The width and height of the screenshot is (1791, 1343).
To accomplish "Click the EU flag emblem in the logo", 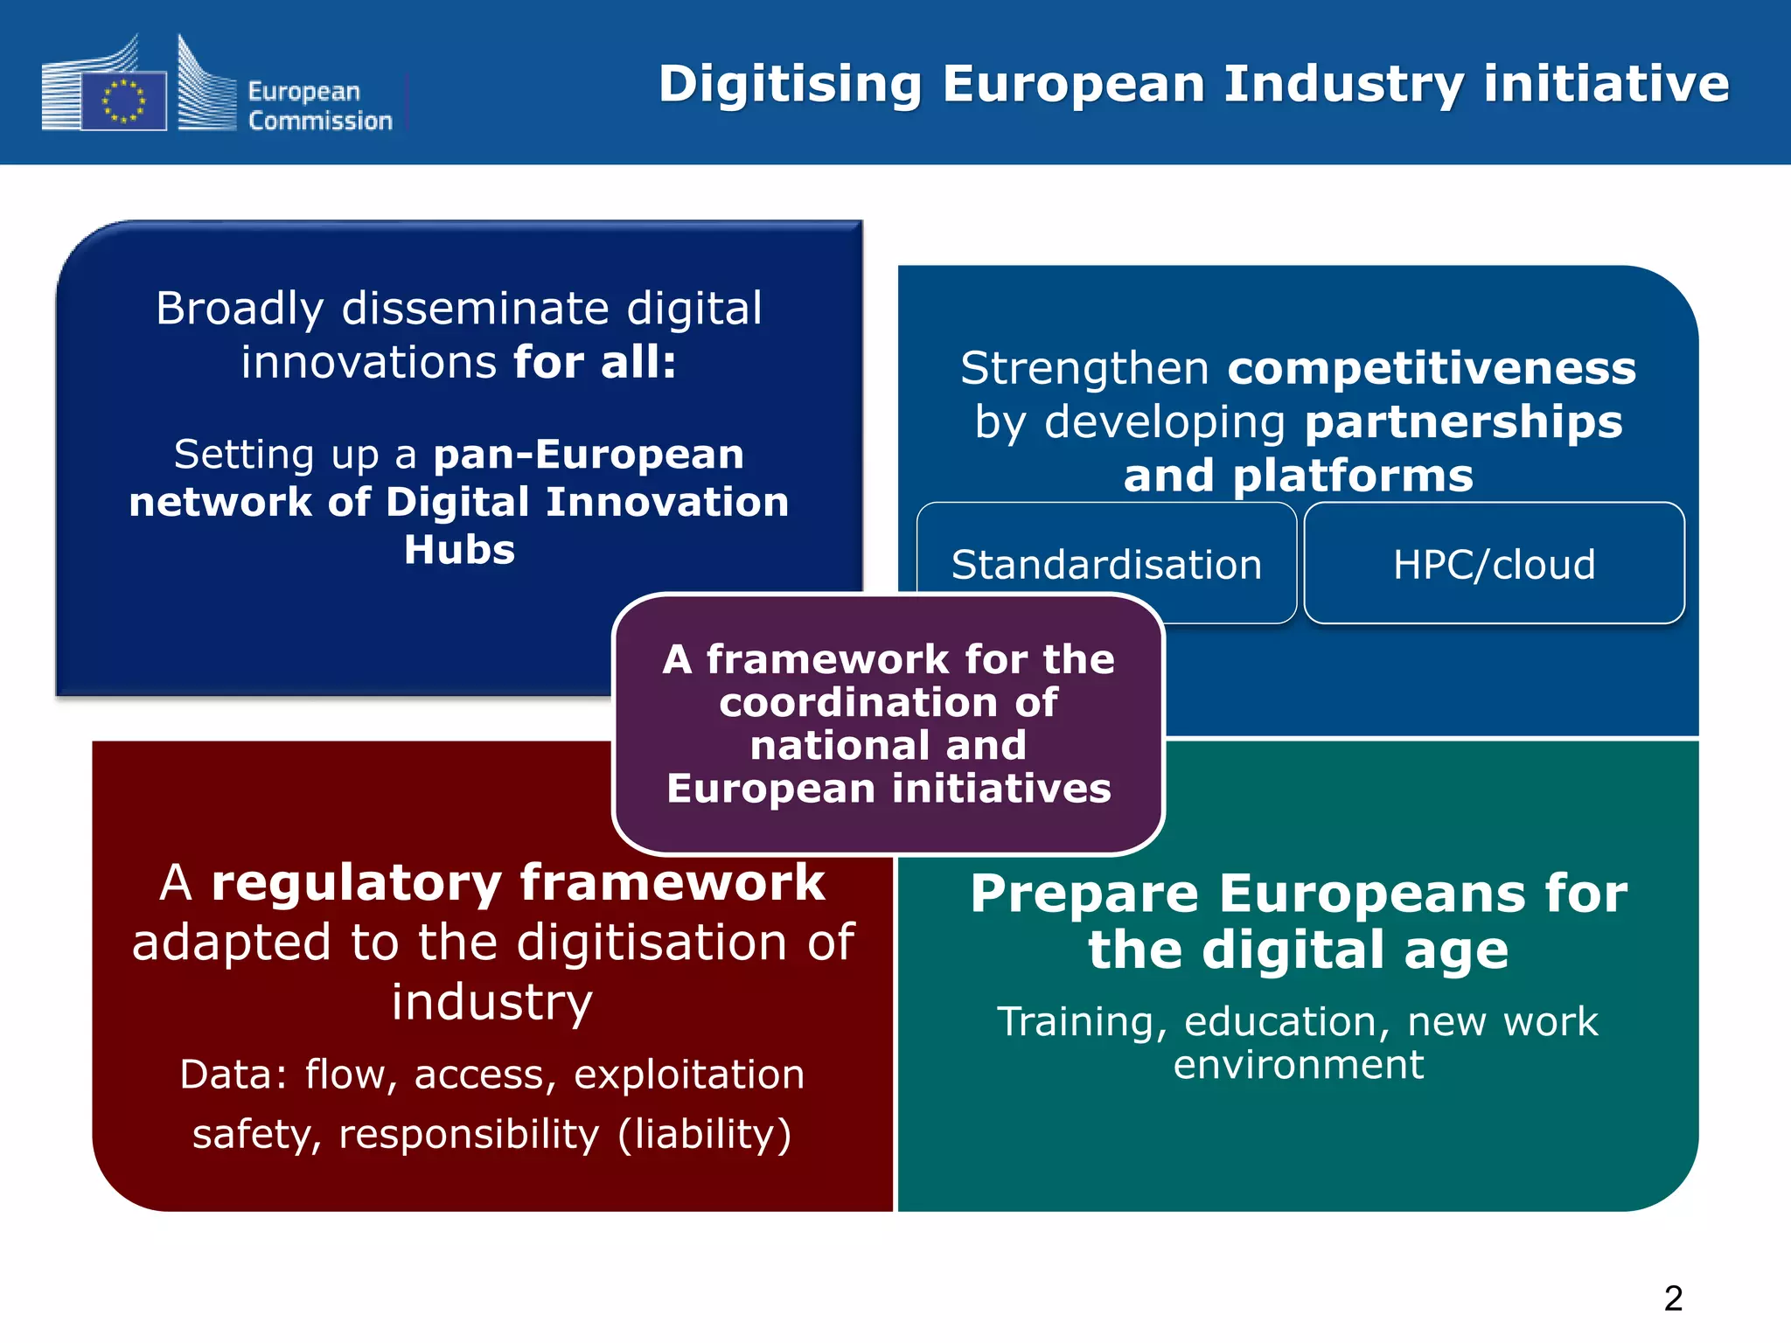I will tap(123, 101).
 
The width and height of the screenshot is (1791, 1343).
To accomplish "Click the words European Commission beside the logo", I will tap(319, 106).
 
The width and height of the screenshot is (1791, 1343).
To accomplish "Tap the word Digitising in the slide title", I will tap(790, 85).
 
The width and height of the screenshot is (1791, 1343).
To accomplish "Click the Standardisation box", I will tap(1106, 564).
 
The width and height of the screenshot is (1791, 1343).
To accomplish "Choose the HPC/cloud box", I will tap(1494, 564).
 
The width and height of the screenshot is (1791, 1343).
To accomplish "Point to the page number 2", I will tap(1673, 1298).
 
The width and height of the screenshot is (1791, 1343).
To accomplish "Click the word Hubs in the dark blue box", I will tap(459, 550).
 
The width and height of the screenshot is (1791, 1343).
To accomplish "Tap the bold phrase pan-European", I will tap(589, 454).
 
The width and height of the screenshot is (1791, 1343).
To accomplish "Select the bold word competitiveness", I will tap(1432, 368).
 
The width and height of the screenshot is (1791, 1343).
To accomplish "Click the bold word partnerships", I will tap(1463, 422).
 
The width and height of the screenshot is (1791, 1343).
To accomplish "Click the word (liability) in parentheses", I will tap(704, 1134).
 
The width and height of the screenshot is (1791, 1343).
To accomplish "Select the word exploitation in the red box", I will tap(688, 1075).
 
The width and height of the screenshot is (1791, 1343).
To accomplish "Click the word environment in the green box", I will tap(1298, 1065).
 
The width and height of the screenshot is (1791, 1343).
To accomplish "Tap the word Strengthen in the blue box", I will tap(1084, 368).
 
